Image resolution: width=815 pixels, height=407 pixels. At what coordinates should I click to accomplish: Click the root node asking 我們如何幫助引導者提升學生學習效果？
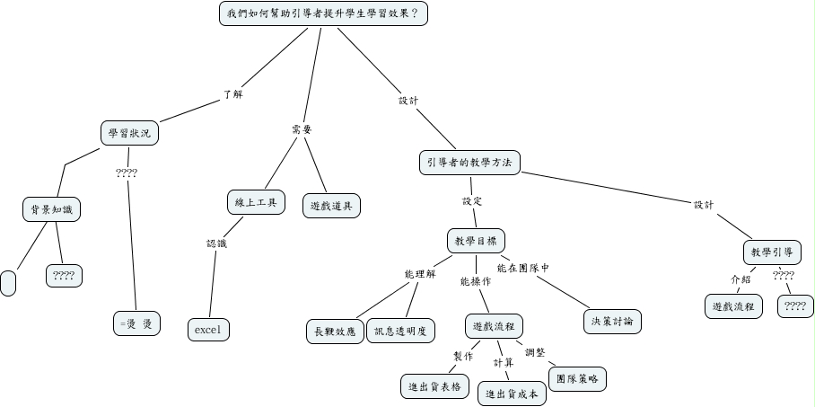322,14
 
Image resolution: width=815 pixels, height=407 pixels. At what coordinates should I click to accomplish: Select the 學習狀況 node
129,134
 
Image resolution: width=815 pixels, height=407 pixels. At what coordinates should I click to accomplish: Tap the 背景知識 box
50,210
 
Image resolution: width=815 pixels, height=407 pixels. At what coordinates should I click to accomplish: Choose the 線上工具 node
255,202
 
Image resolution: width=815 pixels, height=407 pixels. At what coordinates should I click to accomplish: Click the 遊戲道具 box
330,205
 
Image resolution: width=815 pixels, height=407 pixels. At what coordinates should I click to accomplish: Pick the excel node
211,330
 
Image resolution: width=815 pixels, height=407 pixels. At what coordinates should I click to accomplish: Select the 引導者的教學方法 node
469,162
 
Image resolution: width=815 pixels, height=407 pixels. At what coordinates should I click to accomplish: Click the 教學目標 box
476,241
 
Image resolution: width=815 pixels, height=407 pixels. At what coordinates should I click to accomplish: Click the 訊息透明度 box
400,330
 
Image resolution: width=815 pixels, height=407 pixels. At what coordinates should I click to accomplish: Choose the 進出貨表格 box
434,385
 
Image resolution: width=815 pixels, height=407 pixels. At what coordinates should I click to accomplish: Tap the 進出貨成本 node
512,394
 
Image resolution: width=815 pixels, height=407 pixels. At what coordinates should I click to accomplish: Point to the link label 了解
232,93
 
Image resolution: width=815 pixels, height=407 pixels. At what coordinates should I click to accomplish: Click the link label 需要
302,129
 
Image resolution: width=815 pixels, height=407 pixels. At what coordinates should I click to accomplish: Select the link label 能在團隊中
523,267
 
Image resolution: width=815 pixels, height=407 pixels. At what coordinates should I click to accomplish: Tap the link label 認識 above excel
217,243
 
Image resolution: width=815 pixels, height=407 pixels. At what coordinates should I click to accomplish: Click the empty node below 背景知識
9,281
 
